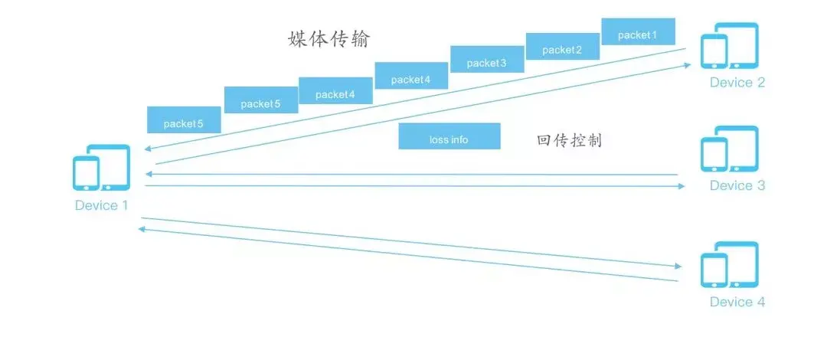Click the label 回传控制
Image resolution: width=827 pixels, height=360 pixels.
pos(570,139)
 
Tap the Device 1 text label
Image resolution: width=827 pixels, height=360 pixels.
pos(107,205)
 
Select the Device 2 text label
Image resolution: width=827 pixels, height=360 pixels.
pos(737,83)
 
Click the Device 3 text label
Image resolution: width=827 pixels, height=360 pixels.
pos(737,185)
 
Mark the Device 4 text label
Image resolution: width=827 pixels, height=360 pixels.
pos(737,302)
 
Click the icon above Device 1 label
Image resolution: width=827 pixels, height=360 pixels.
pos(101,169)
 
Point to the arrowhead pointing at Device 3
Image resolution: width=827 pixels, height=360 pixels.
pos(681,186)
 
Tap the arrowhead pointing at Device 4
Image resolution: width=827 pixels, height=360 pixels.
pos(678,267)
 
